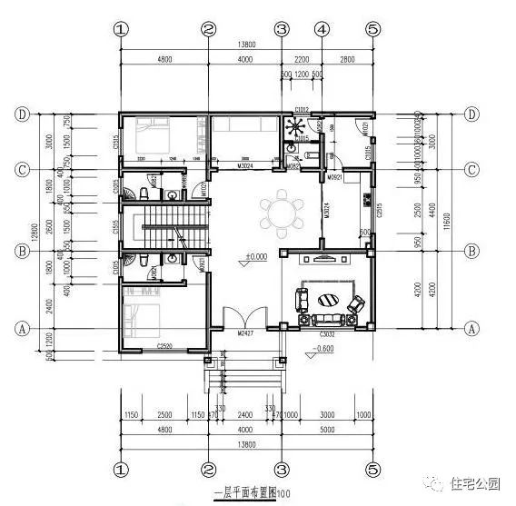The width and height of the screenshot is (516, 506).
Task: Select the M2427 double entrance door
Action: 243,321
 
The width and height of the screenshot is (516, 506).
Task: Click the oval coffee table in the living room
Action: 329,301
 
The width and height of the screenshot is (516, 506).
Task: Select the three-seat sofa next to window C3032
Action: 329,320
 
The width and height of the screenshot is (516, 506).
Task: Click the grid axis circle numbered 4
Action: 322,28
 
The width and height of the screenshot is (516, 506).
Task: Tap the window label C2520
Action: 164,347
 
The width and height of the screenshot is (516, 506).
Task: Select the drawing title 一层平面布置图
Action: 238,494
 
